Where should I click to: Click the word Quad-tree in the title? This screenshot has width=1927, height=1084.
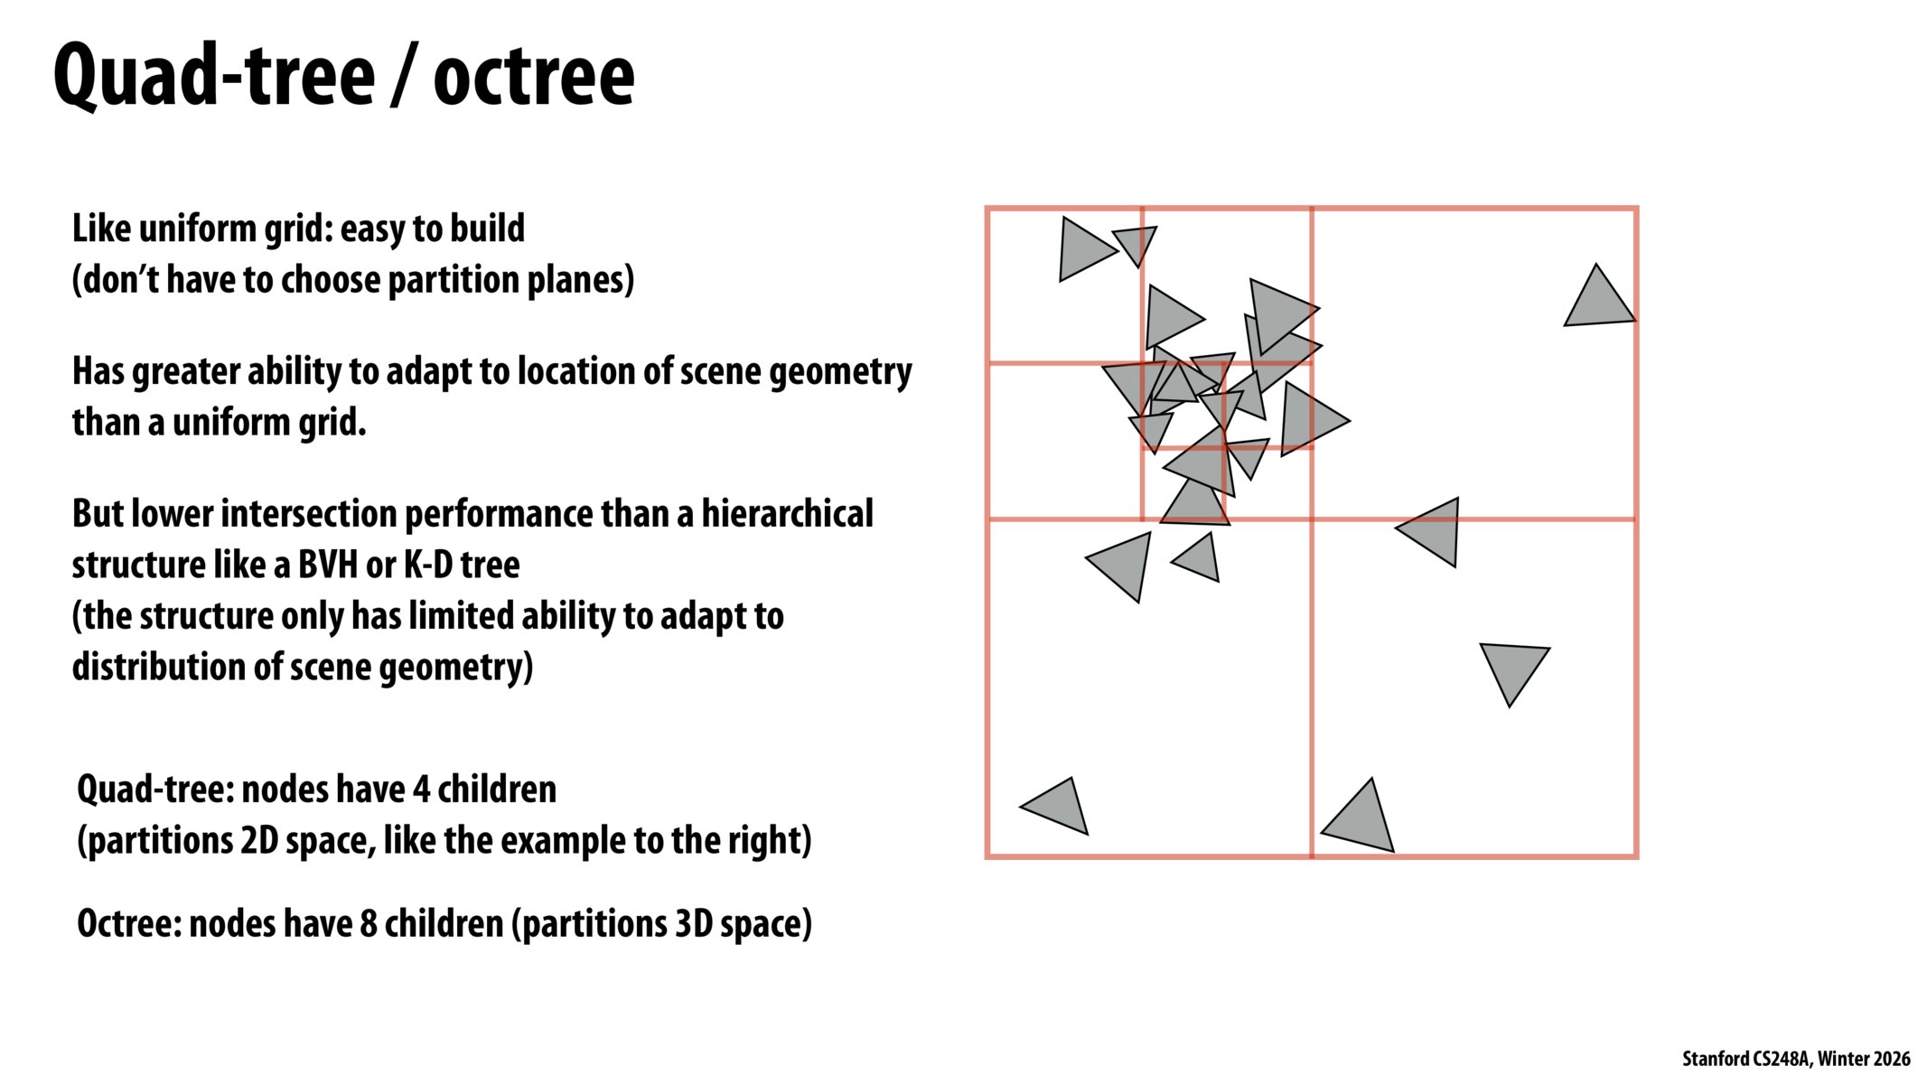(213, 76)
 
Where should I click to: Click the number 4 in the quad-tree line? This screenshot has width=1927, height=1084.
(420, 790)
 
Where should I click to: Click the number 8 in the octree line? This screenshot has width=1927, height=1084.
(368, 924)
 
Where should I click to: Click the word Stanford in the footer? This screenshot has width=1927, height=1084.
(1715, 1059)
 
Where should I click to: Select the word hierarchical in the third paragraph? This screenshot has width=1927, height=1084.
(787, 514)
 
